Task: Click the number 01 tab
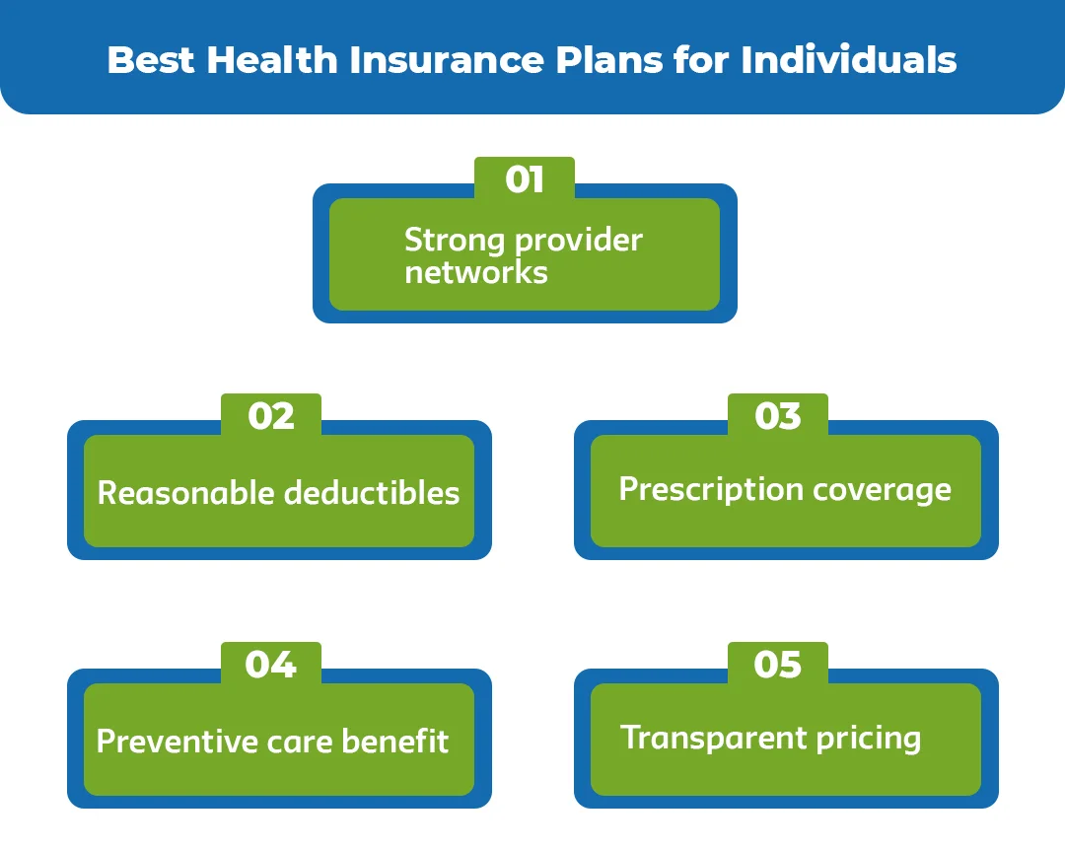pos(524,179)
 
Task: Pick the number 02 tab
pos(271,416)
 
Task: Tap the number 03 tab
pos(778,416)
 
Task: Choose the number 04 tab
pos(271,665)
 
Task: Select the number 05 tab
pos(778,665)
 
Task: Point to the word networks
pos(475,272)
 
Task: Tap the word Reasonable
pos(184,493)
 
